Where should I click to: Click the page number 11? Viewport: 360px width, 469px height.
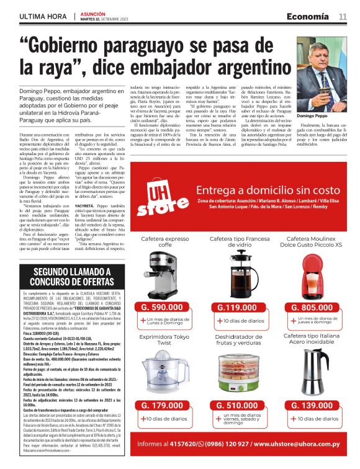[342, 16]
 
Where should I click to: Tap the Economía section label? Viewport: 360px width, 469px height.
[308, 16]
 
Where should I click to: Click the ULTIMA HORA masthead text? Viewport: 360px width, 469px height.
[43, 16]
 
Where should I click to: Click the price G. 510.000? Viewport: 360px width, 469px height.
[236, 405]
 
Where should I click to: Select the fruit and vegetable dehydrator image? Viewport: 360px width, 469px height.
[236, 375]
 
